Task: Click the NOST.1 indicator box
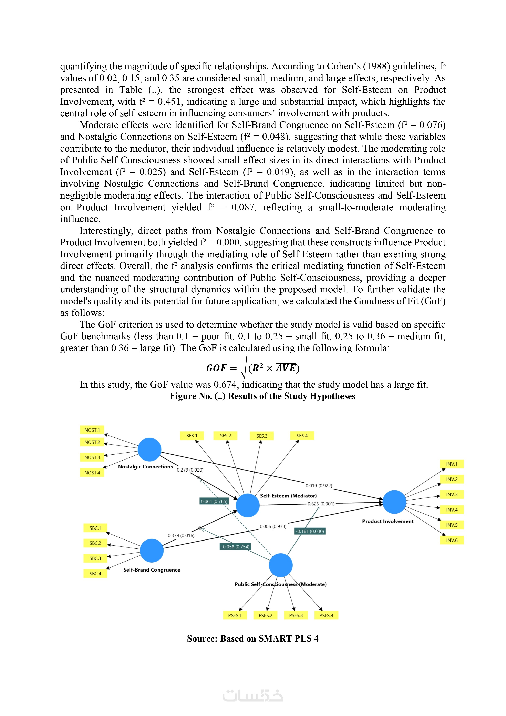(x=92, y=430)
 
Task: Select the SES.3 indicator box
(x=262, y=436)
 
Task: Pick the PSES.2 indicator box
(x=265, y=615)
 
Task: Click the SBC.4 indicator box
(x=95, y=574)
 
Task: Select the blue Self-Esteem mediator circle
(x=248, y=505)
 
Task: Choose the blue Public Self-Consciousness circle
(x=281, y=565)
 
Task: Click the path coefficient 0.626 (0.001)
(x=321, y=504)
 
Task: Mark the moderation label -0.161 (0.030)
(x=310, y=531)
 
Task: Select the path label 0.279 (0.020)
(x=190, y=470)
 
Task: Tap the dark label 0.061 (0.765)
(x=214, y=501)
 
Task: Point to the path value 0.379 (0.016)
(x=181, y=535)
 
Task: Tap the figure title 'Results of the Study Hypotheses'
(x=291, y=396)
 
